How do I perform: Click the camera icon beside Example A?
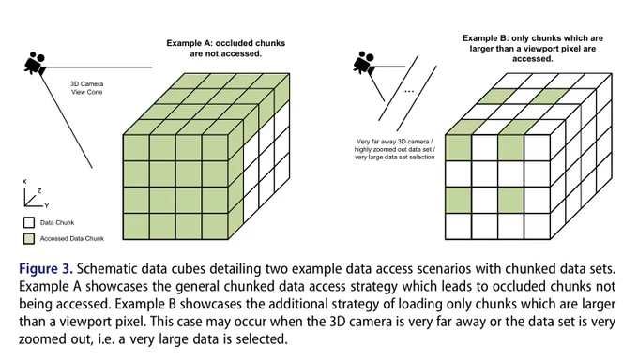(36, 64)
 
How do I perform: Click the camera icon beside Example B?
(364, 63)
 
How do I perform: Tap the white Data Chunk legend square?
(29, 222)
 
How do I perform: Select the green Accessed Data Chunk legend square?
(29, 238)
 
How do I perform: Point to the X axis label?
(24, 182)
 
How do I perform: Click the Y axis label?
(47, 206)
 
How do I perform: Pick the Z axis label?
(39, 190)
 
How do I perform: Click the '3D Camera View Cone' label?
(86, 88)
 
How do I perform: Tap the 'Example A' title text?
(226, 49)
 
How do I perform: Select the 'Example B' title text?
(533, 49)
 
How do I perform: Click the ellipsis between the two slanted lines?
(409, 91)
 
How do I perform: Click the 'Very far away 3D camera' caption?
(395, 149)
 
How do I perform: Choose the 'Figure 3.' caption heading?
(46, 269)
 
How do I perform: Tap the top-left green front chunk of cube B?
(459, 148)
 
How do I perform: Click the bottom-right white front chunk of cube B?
(537, 226)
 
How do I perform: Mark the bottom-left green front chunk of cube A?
(136, 226)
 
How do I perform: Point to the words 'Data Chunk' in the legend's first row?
(57, 222)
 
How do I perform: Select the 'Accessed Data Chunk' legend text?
(72, 238)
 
